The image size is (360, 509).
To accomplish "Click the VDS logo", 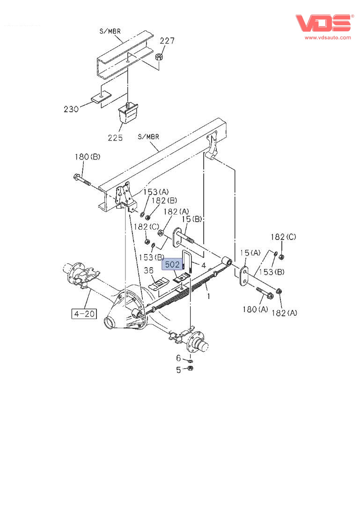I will (323, 23).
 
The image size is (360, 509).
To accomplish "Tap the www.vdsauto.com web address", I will (328, 37).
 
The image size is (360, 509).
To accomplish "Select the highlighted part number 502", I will (172, 265).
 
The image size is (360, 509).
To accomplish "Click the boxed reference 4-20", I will (84, 313).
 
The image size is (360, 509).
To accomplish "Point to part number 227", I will (167, 41).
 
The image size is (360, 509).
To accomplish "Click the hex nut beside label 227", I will (159, 58).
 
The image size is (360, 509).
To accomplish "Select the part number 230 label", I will (72, 109).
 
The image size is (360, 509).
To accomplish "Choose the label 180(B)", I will (88, 157).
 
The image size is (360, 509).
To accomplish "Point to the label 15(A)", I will (250, 253).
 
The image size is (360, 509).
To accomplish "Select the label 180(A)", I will (256, 309).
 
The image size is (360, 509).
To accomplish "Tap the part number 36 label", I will (148, 270).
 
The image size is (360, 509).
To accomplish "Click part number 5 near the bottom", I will (178, 370).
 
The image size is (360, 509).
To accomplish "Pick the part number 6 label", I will (178, 358).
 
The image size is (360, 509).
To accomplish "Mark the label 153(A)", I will (156, 192).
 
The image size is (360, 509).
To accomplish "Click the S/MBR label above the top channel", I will (110, 31).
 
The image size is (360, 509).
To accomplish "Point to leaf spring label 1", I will (208, 296).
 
